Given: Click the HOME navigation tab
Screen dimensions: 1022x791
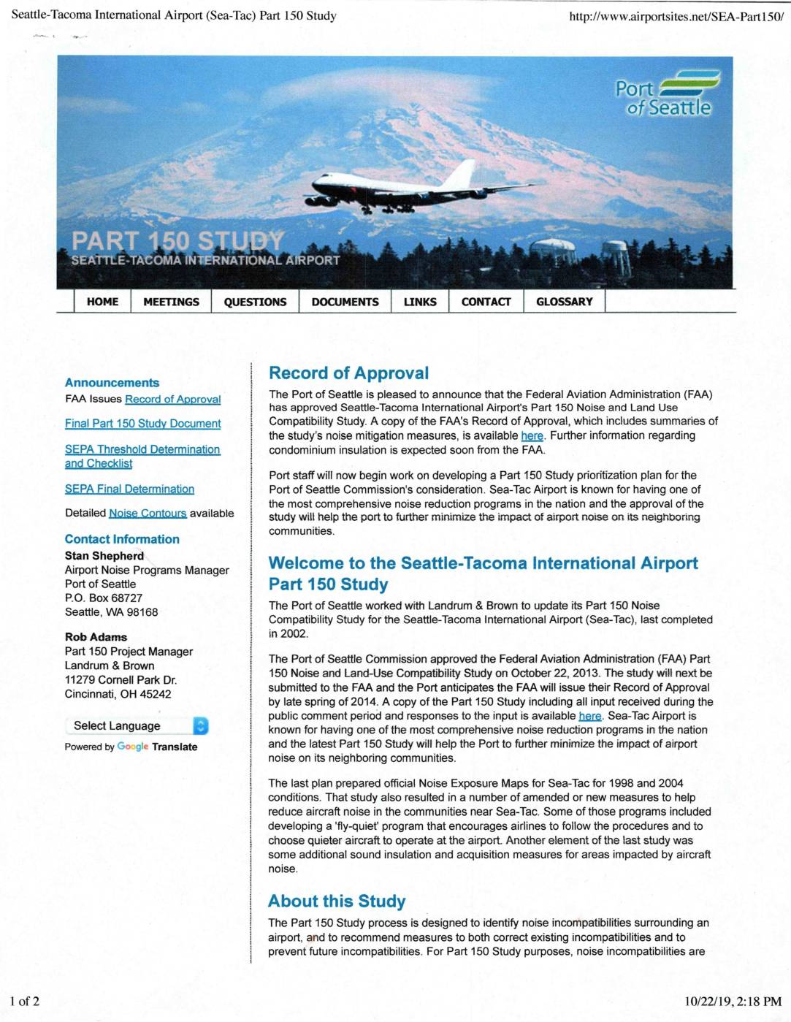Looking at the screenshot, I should point(102,302).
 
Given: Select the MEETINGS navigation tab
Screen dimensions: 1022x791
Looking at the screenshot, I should point(171,302).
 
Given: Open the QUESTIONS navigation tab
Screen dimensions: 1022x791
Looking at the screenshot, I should point(255,302).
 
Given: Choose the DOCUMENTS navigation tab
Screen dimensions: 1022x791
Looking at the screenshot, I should point(345,302).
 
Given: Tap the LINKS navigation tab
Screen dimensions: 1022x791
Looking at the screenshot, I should point(420,302).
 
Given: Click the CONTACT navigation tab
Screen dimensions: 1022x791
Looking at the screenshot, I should point(486,302).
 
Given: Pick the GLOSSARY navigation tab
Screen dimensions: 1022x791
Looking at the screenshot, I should point(564,302).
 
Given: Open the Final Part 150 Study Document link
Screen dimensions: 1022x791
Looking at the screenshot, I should point(142,424).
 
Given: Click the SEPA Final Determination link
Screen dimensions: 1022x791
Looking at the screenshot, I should point(129,489).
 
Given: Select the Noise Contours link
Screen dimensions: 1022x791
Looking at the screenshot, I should point(148,514).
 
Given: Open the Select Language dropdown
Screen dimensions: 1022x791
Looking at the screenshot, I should point(137,725).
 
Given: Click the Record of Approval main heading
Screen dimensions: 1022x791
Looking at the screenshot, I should point(348,373).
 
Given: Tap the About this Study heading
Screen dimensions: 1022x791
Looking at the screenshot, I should point(337,901).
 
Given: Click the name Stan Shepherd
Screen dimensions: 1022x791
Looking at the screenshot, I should point(104,556).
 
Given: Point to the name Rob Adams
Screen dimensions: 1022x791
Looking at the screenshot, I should point(96,637).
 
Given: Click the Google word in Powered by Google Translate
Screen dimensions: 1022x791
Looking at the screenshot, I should point(132,747).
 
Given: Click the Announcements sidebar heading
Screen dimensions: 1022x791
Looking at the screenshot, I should point(112,383).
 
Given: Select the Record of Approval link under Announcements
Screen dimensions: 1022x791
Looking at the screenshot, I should point(172,400).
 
